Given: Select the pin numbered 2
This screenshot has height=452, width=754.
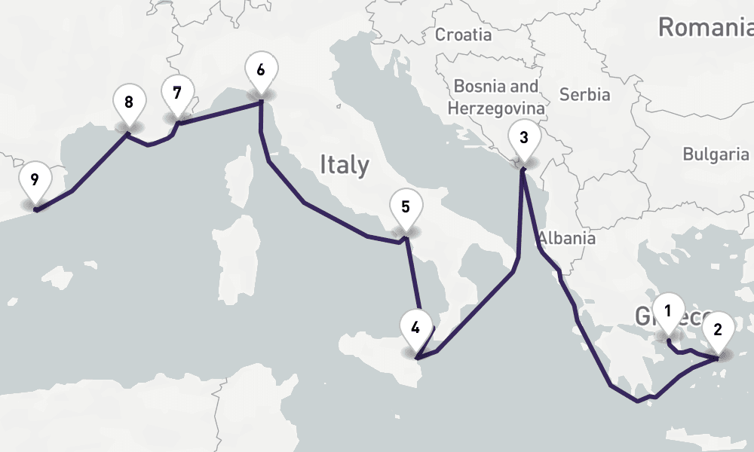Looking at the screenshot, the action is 717,329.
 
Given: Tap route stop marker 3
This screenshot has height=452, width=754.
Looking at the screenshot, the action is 523,138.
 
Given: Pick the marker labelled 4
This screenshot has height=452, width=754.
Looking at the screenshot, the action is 415,327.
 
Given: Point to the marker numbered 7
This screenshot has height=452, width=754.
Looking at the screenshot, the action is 177,93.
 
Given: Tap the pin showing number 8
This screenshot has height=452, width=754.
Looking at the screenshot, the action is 129,102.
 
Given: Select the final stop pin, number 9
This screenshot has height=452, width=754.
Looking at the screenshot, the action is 35,180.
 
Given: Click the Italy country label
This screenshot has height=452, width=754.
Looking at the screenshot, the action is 345,164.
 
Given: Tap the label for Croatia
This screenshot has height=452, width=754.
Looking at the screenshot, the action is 464,35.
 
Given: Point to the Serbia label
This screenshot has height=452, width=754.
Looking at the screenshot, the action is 584,95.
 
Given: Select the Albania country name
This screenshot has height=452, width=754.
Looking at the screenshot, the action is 567,238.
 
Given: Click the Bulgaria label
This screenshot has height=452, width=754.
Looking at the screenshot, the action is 715,154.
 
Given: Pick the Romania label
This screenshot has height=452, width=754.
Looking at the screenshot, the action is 705,28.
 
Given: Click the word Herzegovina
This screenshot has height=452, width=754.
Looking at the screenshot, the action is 495,108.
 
